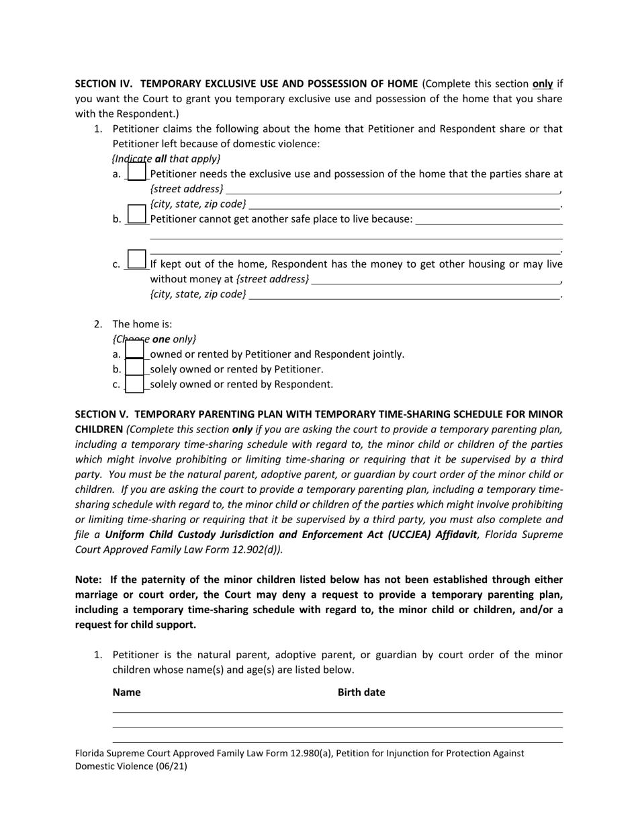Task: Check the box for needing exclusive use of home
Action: pyautogui.click(x=136, y=173)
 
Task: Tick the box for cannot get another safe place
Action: pyautogui.click(x=136, y=214)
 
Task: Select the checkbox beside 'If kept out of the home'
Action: pyautogui.click(x=136, y=259)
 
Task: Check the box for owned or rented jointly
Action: pyautogui.click(x=135, y=352)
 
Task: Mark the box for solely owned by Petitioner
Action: pyautogui.click(x=135, y=368)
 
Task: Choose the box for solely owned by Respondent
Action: pyautogui.click(x=135, y=384)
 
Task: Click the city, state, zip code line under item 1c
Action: pyautogui.click(x=404, y=294)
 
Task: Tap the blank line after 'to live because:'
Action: pyautogui.click(x=489, y=220)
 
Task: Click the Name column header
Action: pyautogui.click(x=126, y=693)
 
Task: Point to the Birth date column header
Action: pyautogui.click(x=361, y=693)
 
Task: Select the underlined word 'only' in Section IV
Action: pyautogui.click(x=543, y=84)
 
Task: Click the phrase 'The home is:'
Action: pyautogui.click(x=142, y=324)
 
